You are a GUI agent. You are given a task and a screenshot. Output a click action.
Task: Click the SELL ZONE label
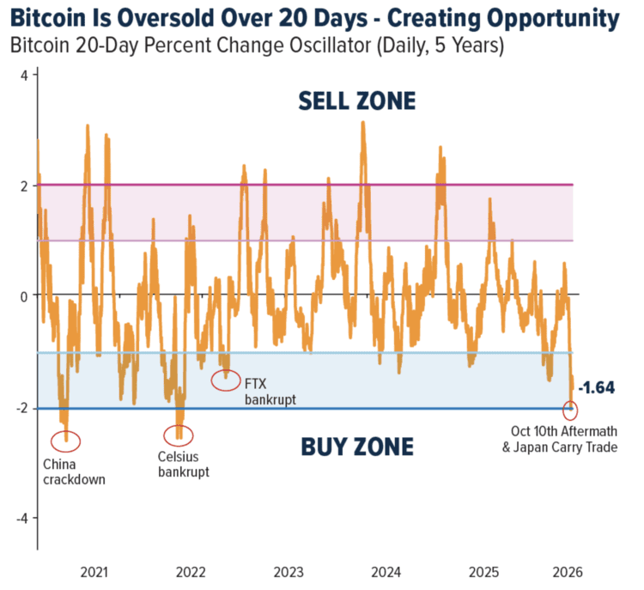[x=356, y=101]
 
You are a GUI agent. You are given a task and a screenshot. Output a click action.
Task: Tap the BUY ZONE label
[x=356, y=447]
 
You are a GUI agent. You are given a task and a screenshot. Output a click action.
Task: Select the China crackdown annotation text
[x=74, y=472]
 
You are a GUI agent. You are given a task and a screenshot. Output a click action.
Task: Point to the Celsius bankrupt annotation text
[x=184, y=464]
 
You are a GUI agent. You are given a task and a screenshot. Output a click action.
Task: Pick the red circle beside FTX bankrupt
[x=226, y=380]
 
